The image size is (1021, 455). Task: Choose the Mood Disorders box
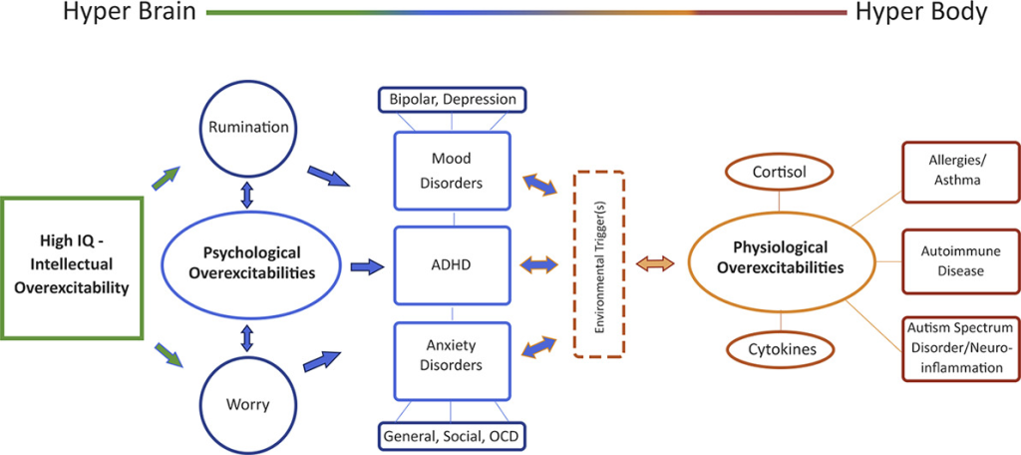point(452,171)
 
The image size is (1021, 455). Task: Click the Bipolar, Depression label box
point(452,100)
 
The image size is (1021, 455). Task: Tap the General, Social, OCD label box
point(452,435)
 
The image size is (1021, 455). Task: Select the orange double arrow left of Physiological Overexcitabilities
point(656,263)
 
